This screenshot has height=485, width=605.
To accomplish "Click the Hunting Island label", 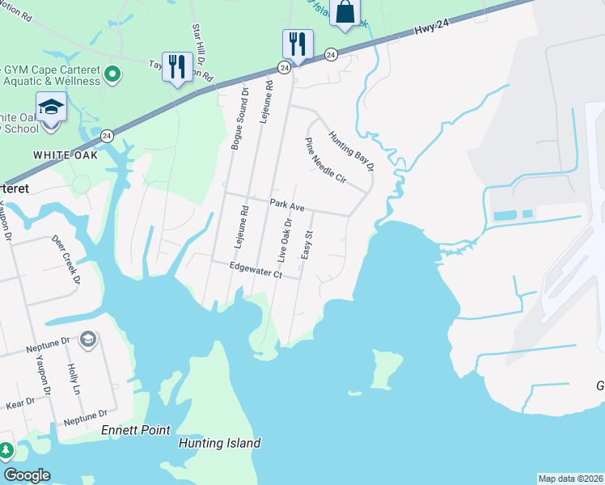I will [219, 443].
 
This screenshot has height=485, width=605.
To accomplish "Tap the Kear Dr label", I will [20, 402].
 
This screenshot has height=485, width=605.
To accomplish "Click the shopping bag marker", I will [345, 13].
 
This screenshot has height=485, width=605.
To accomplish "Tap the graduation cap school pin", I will [51, 108].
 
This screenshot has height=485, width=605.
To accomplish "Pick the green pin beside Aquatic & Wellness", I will [114, 76].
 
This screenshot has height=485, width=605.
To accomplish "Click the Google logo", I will [27, 475].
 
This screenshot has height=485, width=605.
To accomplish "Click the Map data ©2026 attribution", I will [569, 479].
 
